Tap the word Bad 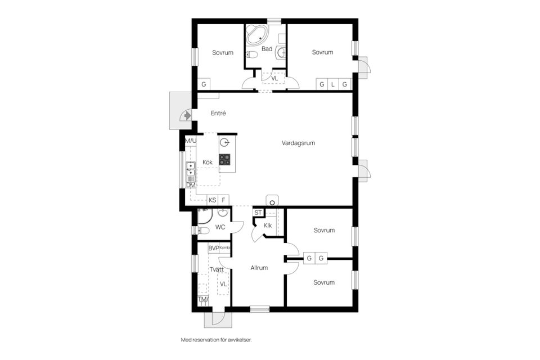267,49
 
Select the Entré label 218,113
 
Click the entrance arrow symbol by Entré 186,115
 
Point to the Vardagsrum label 298,143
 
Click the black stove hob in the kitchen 225,159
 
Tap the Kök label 208,162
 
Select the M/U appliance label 191,140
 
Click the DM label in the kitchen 191,185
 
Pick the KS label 213,200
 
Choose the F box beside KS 224,200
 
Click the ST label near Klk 258,213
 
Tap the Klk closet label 268,226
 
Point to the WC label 220,227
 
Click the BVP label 213,248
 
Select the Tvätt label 217,269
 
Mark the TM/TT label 202,301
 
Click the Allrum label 259,268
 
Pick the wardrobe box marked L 333,84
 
